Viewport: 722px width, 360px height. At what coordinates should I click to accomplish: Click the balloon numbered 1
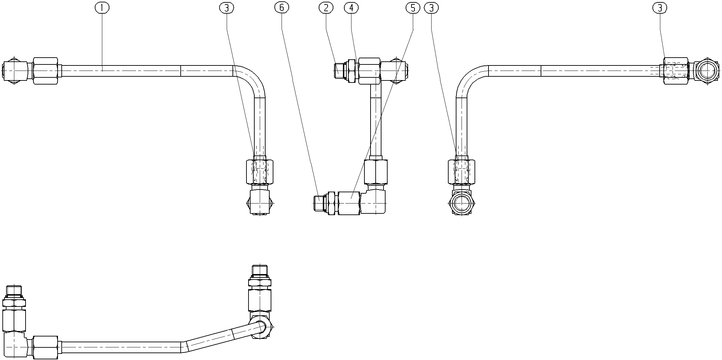(x=102, y=7)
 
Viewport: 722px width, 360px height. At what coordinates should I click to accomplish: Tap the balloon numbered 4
(x=351, y=7)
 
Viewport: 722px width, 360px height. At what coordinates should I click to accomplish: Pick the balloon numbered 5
(x=413, y=7)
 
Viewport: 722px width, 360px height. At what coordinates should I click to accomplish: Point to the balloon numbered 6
(x=282, y=7)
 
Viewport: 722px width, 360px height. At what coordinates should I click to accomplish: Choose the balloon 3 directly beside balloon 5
(x=432, y=7)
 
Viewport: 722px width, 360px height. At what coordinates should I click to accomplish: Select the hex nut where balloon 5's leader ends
(x=349, y=203)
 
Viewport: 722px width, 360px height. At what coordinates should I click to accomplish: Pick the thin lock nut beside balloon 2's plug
(x=351, y=71)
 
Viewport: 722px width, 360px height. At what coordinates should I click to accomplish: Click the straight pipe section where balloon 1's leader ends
(x=121, y=71)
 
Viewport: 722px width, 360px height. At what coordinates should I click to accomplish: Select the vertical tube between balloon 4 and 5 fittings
(x=375, y=121)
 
